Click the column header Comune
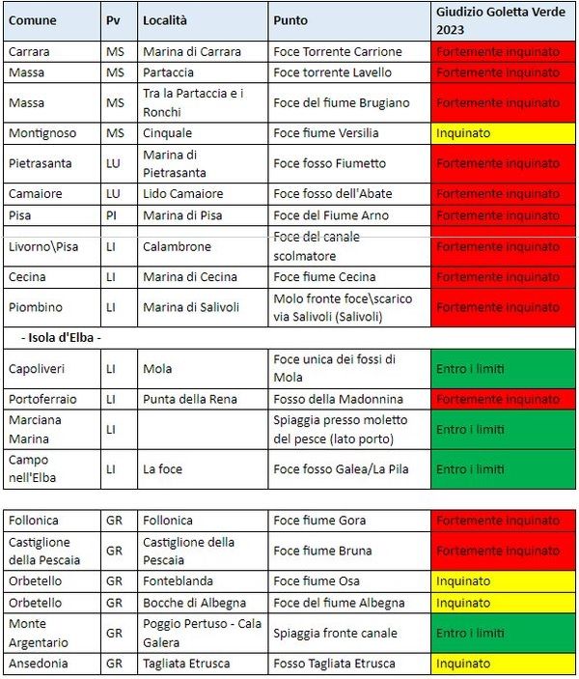tap(32, 20)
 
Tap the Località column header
tap(165, 20)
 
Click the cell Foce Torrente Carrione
tap(324, 51)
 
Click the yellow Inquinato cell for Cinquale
tap(503, 132)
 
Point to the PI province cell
tap(113, 215)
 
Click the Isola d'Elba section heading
tap(60, 337)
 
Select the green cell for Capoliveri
tap(503, 368)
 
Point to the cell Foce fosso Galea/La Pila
tap(340, 468)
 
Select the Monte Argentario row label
tap(39, 633)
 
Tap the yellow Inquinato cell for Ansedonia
tap(503, 664)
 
